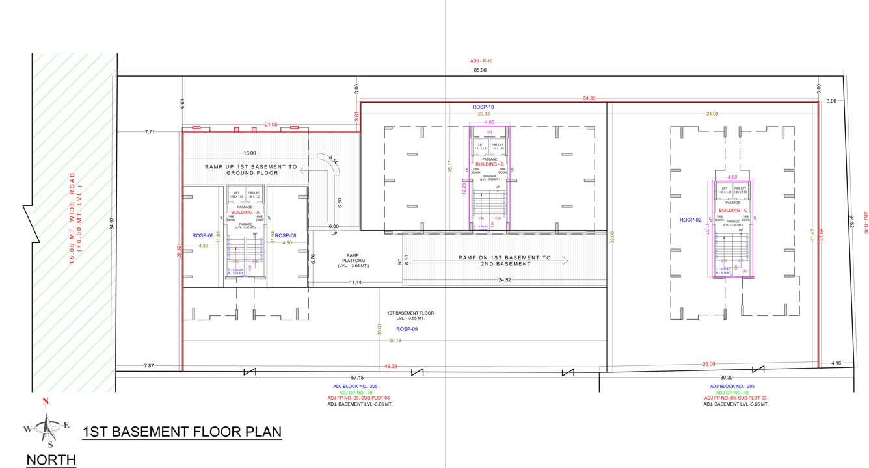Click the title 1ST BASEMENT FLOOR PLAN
point(182,432)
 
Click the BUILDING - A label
point(245,213)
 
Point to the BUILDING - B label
point(490,165)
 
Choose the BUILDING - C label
point(732,211)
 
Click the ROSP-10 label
point(483,106)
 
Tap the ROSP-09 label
point(407,329)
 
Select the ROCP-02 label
point(690,220)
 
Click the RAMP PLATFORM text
point(353,261)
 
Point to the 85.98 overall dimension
point(480,70)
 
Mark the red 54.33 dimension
point(589,98)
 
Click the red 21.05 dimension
point(271,125)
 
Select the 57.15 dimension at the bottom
point(357,377)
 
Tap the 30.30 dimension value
point(727,377)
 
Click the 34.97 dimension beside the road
point(112,224)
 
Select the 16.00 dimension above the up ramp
point(249,153)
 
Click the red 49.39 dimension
point(390,366)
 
